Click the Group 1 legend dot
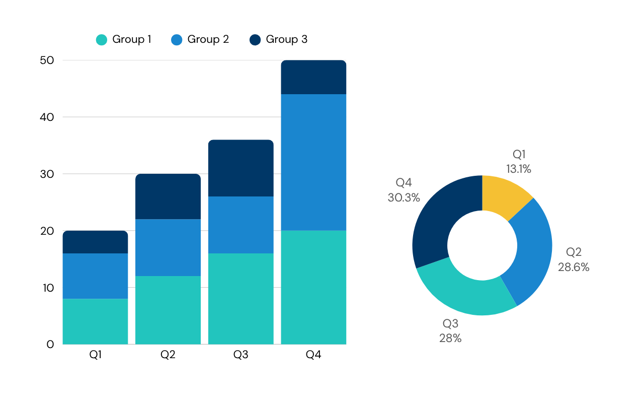[x=102, y=40]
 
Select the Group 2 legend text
[x=208, y=39]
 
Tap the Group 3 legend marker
[x=255, y=40]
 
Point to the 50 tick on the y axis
[x=47, y=60]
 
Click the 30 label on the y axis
[x=47, y=174]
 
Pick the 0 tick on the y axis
[x=50, y=344]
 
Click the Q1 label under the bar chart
[x=96, y=355]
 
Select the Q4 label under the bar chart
[x=313, y=355]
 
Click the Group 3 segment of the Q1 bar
[x=96, y=242]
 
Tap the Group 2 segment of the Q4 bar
[x=313, y=162]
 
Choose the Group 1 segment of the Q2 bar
[x=168, y=310]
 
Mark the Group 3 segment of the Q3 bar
[x=241, y=168]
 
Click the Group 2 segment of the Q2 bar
[x=168, y=248]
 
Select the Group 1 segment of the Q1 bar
[x=96, y=321]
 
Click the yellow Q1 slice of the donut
[x=504, y=196]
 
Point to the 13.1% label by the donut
[x=519, y=169]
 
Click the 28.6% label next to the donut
[x=574, y=267]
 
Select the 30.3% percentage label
[x=404, y=197]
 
